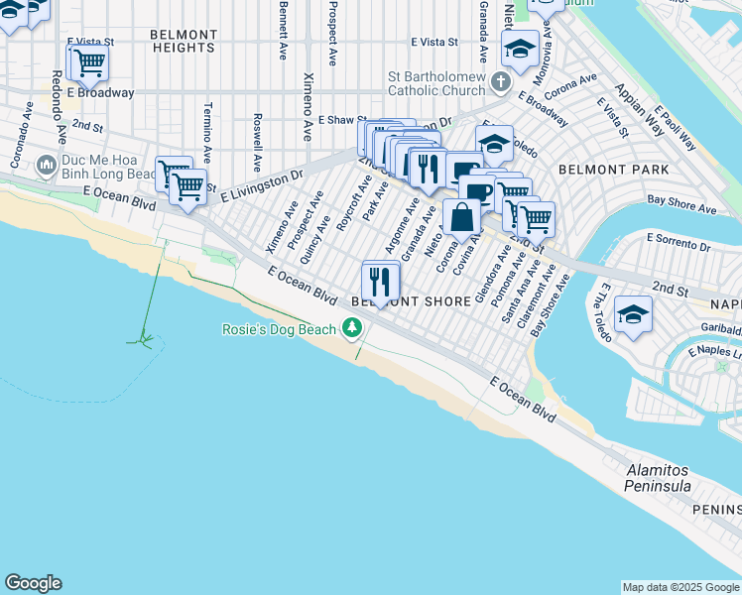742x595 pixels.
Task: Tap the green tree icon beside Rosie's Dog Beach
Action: [x=351, y=327]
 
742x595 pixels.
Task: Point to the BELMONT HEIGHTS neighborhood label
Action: [x=184, y=41]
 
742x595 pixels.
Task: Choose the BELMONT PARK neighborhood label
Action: [x=600, y=170]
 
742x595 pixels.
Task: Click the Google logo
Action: [x=33, y=583]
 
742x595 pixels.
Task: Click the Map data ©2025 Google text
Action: [x=680, y=587]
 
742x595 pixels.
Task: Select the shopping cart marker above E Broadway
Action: [x=88, y=63]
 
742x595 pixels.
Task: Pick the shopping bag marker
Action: [x=462, y=217]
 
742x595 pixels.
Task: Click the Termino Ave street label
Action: [x=207, y=133]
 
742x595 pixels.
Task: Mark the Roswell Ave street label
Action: [x=257, y=142]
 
